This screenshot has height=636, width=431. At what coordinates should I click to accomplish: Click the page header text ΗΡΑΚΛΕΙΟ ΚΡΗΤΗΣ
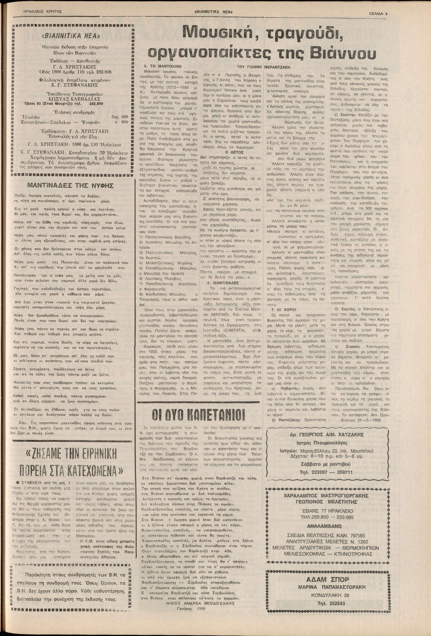(x=43, y=12)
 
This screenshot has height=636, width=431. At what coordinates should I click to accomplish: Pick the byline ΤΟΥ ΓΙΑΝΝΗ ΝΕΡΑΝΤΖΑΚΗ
(x=264, y=66)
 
